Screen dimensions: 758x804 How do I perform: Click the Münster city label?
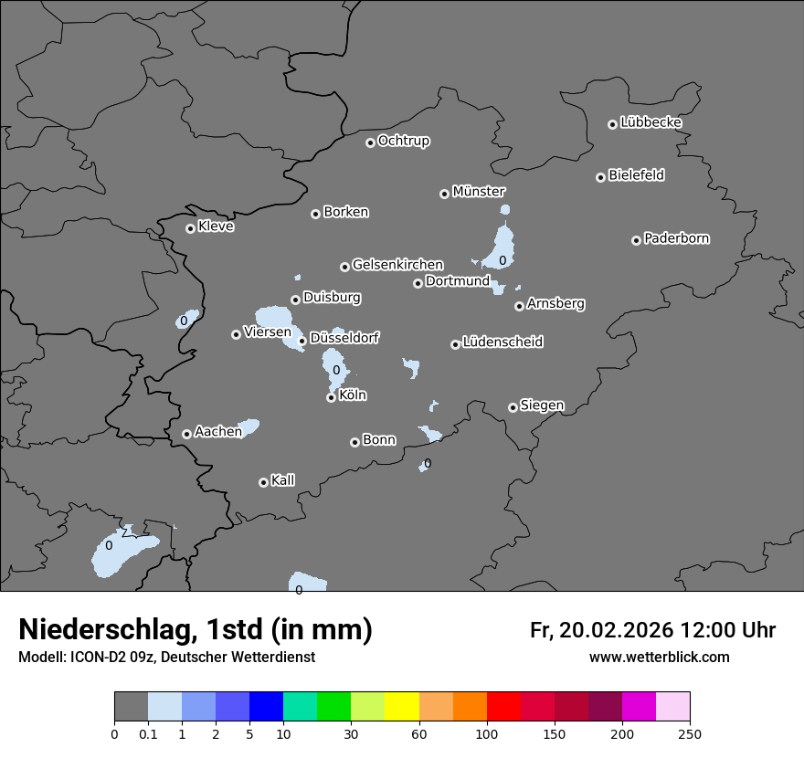pos(479,192)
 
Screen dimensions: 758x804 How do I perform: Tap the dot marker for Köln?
pos(331,397)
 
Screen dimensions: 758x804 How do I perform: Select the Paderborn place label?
pos(677,238)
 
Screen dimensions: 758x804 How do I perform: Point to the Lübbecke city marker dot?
pos(612,124)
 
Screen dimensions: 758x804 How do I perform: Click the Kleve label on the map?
pos(217,226)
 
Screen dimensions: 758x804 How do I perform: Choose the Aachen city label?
pos(218,432)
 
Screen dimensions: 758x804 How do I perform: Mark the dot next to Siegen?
pos(513,407)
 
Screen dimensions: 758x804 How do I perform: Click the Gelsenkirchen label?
pos(397,265)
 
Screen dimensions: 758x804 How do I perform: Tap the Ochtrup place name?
pos(404,141)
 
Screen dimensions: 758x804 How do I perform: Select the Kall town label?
pos(283,480)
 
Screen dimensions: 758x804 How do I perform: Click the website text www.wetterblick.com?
pos(659,658)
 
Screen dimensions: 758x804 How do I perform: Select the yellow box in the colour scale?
pos(402,707)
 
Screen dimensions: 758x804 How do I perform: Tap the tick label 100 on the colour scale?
pos(487,733)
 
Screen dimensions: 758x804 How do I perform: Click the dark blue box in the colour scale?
pos(266,707)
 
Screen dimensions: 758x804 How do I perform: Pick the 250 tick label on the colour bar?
pos(690,733)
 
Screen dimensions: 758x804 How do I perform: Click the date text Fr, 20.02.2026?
pos(601,630)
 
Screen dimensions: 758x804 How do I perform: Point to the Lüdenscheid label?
pos(503,342)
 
